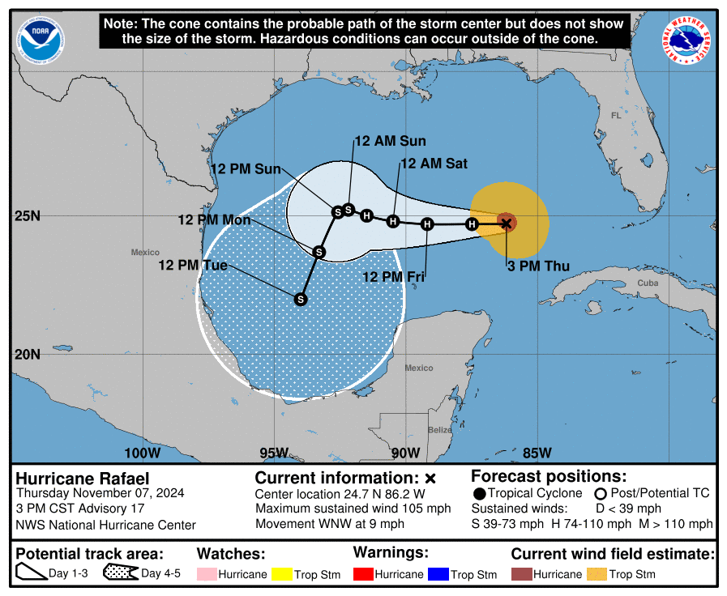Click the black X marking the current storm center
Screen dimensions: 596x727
pos(507,223)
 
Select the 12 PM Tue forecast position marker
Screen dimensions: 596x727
pos(301,299)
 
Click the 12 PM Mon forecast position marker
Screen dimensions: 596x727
pos(319,253)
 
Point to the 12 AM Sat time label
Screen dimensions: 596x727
pos(434,164)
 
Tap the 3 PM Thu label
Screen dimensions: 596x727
pos(538,266)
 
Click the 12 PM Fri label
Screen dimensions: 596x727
pos(394,277)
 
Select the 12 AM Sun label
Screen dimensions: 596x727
pos(389,141)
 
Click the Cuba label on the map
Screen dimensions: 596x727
pos(648,283)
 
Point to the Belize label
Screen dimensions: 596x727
pos(440,429)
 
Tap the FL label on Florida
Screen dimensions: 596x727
pos(614,116)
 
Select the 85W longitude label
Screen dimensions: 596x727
pos(537,453)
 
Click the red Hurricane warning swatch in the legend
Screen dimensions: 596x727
pos(362,574)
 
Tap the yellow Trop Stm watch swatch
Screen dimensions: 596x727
pos(281,574)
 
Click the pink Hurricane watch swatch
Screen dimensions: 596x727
pos(207,574)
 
